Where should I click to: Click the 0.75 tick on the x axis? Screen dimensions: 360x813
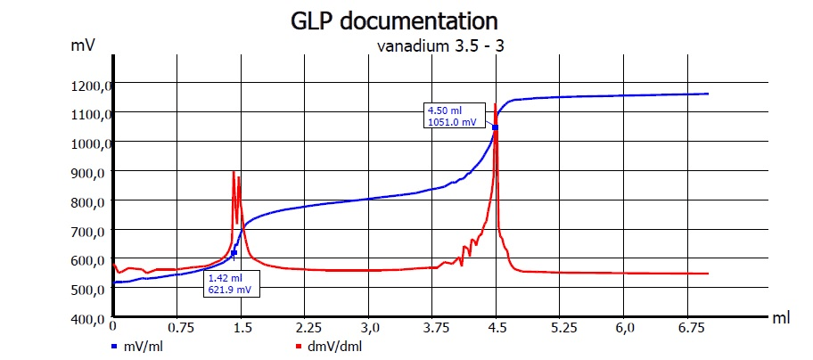[178, 328]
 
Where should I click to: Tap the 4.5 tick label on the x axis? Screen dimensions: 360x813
[496, 328]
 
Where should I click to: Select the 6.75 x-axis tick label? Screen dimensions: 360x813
[686, 328]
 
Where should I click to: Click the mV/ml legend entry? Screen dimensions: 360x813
[141, 345]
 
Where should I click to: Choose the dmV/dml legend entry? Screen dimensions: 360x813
[329, 345]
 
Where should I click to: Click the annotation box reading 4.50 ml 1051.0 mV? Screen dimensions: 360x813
[454, 117]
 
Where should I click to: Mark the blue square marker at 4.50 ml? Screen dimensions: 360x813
[495, 127]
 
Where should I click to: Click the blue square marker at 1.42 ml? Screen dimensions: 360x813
[234, 253]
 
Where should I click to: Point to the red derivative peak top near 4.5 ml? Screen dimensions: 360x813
[495, 105]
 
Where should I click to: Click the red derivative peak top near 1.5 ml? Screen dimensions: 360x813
[234, 171]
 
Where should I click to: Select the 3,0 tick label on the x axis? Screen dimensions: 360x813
[369, 328]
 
